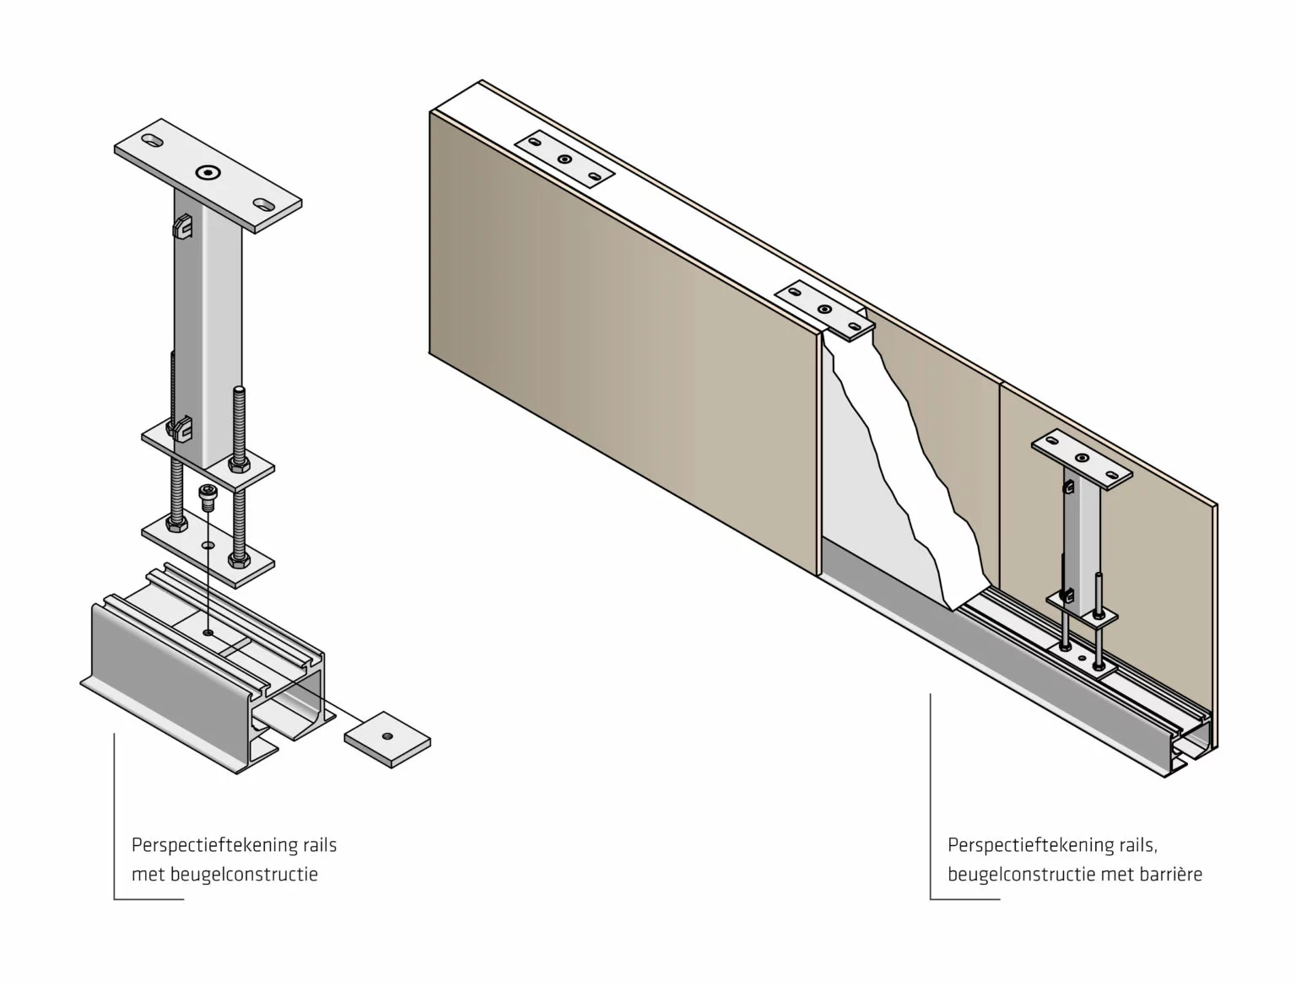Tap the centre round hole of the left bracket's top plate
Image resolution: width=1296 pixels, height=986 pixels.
(206, 173)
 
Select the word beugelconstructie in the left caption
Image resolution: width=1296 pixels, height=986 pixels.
(244, 875)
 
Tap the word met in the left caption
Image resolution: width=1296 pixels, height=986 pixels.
(148, 875)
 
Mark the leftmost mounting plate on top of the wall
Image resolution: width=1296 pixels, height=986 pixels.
(564, 158)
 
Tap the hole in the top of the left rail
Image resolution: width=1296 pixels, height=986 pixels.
(208, 631)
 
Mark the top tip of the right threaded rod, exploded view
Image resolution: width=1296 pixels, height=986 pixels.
(239, 389)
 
